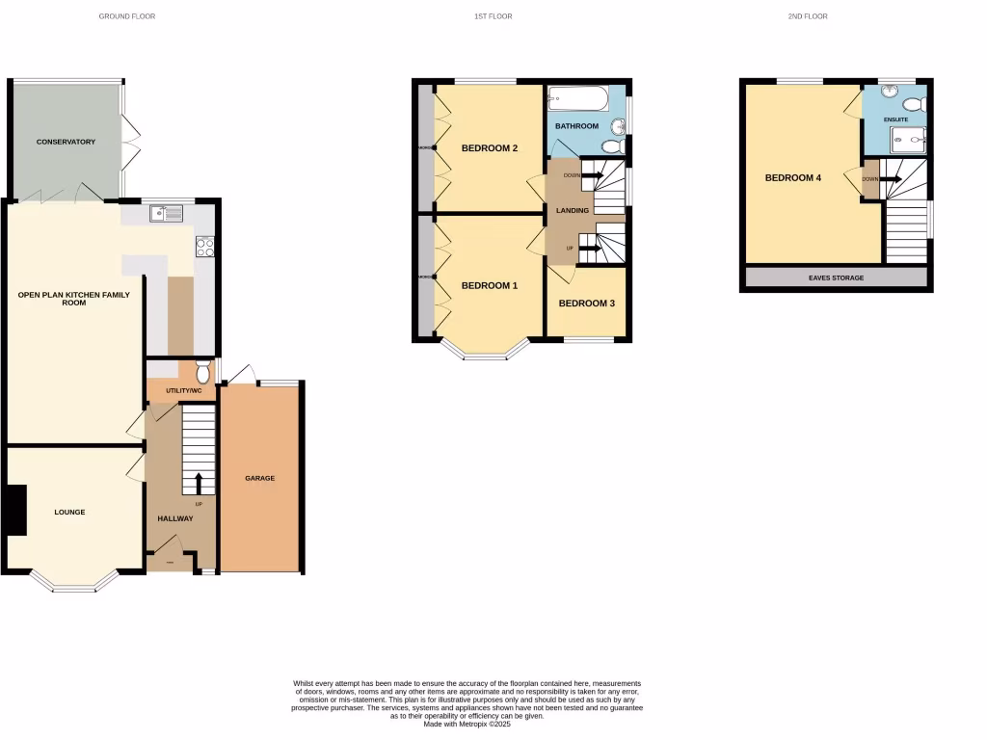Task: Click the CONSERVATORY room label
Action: pos(66,142)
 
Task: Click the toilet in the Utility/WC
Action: pos(202,370)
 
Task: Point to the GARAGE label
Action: pos(259,478)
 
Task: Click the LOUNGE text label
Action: pos(69,512)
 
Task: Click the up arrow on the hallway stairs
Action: pos(200,482)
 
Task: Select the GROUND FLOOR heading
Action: pos(127,16)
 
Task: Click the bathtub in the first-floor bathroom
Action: pos(578,99)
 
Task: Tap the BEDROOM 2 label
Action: pos(490,148)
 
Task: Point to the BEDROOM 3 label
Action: pos(586,304)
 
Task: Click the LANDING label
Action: pos(573,211)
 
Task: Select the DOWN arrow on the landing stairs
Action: pos(591,175)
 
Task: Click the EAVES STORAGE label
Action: pos(836,277)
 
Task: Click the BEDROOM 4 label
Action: pos(793,177)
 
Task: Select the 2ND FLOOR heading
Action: pos(808,16)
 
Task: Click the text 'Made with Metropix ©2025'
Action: pos(467,724)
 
